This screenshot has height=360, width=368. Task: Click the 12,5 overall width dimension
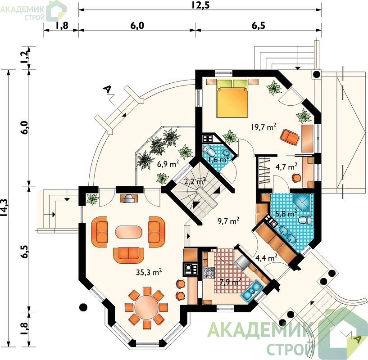200,4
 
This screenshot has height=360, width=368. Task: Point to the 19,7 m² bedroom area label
263,127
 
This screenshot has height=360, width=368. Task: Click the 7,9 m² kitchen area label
231,281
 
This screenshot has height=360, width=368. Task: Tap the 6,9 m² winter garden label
168,163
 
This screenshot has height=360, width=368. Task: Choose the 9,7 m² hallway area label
228,221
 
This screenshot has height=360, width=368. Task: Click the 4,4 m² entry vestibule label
266,258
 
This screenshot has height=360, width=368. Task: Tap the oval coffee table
127,232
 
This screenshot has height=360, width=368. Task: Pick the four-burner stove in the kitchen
209,273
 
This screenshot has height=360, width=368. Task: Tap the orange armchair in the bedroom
290,137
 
